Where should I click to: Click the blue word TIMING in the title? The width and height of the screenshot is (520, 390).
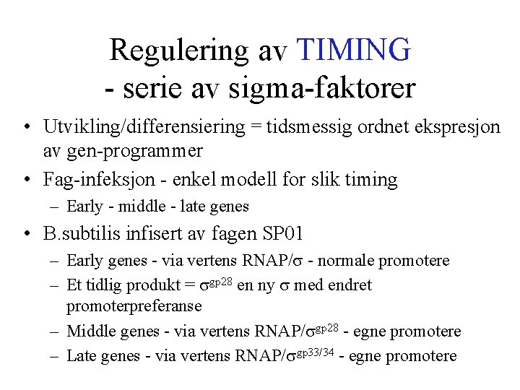(354, 50)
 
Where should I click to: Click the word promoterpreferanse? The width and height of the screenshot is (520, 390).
(134, 306)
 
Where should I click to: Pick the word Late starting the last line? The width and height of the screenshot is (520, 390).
(80, 356)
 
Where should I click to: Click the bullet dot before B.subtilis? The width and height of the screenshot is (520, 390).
(25, 234)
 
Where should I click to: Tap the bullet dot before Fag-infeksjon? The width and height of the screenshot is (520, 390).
(25, 179)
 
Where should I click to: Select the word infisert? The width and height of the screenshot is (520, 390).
(159, 233)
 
